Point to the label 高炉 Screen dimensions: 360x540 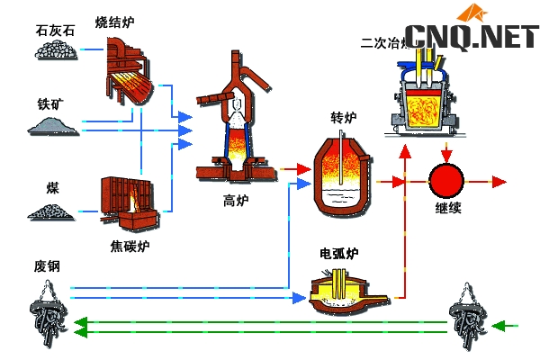tap(234, 199)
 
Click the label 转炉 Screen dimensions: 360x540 tap(345, 118)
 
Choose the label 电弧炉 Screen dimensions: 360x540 tap(339, 254)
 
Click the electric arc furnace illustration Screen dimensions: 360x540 tap(340, 292)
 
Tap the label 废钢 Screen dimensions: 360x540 tap(47, 266)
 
